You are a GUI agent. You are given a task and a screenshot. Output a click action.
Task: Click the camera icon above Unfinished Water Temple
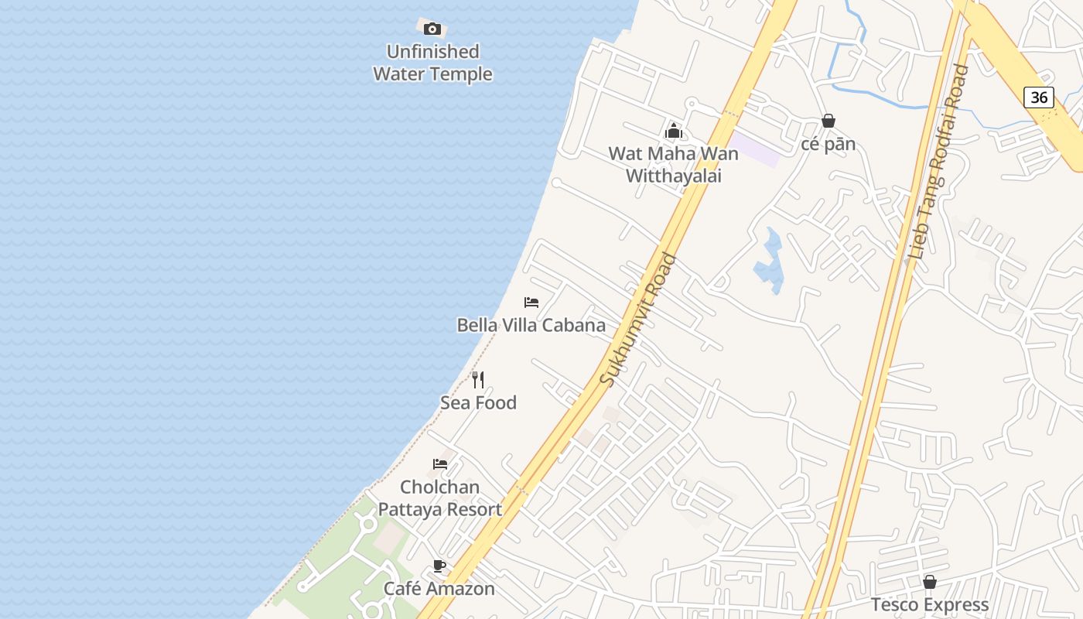[432, 29]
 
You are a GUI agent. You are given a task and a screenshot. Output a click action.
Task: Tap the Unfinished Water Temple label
[432, 63]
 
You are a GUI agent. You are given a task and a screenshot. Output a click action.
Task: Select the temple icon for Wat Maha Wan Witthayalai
[674, 131]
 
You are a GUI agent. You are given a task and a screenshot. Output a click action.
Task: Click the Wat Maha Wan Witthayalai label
[674, 164]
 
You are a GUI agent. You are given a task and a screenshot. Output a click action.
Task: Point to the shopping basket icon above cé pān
[828, 121]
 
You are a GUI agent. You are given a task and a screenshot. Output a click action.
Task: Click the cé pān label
[828, 144]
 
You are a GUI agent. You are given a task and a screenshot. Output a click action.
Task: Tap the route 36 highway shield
[1039, 97]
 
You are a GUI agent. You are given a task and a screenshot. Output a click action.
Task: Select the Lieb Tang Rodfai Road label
[940, 162]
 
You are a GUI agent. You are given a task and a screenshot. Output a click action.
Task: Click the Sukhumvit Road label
[639, 320]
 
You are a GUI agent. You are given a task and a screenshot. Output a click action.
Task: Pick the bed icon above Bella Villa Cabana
[531, 302]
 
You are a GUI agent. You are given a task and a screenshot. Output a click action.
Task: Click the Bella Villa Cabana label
[531, 325]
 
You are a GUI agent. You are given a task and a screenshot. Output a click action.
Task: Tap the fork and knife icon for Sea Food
[478, 379]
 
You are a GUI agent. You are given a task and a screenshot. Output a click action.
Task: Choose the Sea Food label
[478, 402]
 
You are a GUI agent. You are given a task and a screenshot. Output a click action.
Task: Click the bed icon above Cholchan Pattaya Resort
[440, 464]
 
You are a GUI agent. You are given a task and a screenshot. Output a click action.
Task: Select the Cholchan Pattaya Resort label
[440, 498]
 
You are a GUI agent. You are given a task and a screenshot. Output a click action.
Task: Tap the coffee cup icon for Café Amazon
[439, 566]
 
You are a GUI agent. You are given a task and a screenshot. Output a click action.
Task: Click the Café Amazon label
[439, 589]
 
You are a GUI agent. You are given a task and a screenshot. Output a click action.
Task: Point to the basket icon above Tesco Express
[930, 582]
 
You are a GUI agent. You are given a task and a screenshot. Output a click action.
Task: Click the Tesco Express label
[930, 604]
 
